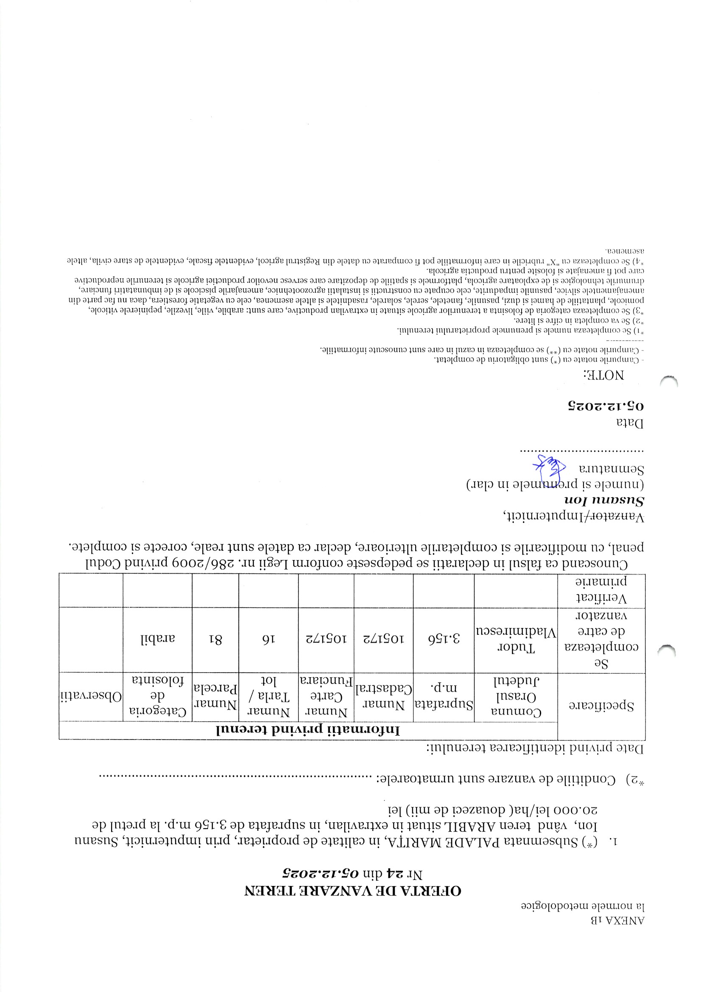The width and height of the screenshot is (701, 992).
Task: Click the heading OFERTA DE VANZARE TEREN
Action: (352, 891)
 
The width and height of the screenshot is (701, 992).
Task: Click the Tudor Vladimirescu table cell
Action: (516, 640)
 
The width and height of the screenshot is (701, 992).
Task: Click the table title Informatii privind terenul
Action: (308, 730)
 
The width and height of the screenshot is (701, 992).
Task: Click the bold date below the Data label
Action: (606, 406)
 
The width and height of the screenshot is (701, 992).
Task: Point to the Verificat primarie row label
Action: (601, 590)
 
